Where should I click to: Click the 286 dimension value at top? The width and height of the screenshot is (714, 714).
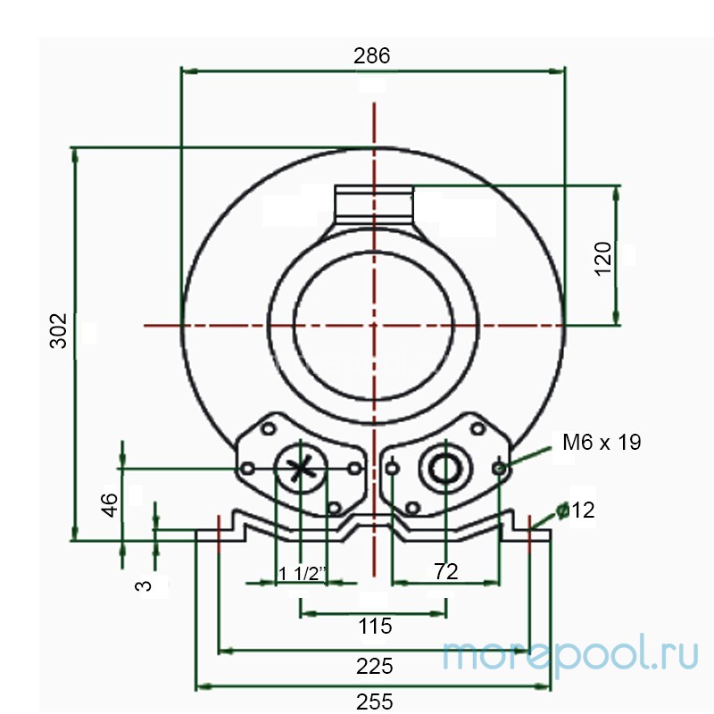(372, 55)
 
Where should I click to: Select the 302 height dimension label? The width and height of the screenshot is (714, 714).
(58, 330)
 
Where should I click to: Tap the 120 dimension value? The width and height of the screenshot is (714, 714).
(603, 259)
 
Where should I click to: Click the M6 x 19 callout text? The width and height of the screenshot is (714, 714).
(602, 442)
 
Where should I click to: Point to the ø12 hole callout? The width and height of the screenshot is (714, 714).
(575, 511)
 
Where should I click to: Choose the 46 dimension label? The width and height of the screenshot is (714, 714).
(109, 504)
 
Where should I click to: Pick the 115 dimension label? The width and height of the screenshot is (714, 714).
(373, 626)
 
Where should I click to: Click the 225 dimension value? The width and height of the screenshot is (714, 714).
(373, 666)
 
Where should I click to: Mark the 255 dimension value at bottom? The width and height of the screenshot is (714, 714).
(373, 702)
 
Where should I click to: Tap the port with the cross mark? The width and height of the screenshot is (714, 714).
(302, 467)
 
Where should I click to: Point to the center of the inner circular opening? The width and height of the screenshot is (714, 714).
(374, 326)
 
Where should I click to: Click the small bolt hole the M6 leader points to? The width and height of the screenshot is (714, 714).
(499, 467)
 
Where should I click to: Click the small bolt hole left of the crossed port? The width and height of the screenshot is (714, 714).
(249, 467)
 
